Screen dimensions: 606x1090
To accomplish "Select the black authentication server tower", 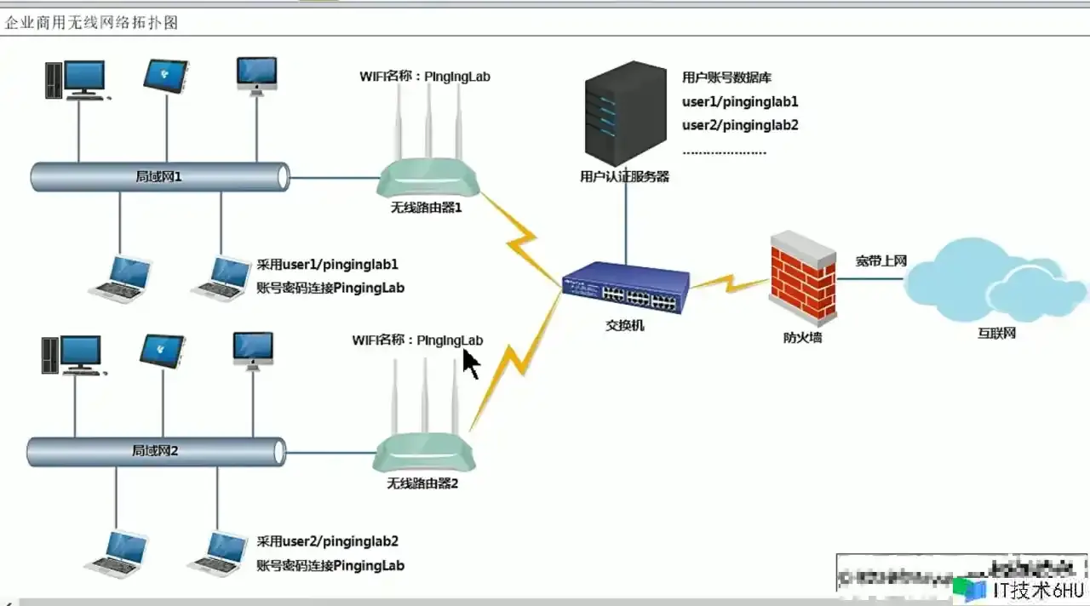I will [x=625, y=113].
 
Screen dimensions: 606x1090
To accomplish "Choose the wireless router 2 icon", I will [x=423, y=452].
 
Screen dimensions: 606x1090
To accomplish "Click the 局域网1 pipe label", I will [x=158, y=177].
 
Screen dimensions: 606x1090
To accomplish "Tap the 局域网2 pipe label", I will [x=155, y=450].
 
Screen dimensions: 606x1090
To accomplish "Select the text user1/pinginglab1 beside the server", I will [x=740, y=102].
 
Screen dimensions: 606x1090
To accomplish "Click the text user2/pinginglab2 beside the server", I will [x=740, y=125].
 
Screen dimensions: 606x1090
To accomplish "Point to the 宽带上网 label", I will [x=881, y=260].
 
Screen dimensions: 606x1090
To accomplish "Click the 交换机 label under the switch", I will [x=625, y=325].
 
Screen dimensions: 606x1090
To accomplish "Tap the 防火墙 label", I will [x=802, y=337].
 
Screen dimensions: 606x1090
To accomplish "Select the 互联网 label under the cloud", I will [x=996, y=333].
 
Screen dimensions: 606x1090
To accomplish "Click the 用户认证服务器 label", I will [x=624, y=177].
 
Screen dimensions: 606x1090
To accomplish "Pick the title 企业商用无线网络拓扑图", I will [x=91, y=23].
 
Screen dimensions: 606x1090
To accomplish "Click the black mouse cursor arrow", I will [x=471, y=363].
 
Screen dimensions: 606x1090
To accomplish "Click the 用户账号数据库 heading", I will [x=726, y=77].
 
